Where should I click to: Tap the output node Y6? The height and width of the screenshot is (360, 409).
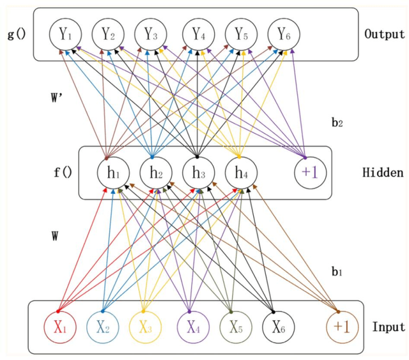coord(282,35)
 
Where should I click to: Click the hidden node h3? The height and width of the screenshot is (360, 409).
coord(197,173)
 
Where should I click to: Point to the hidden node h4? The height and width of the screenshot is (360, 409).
coord(240,173)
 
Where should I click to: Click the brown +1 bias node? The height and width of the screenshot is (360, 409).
coord(339,327)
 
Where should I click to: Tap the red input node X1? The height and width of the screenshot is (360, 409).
coord(60,327)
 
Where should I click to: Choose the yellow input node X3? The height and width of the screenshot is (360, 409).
coord(145,327)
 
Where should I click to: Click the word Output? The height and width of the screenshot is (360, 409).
coord(385,34)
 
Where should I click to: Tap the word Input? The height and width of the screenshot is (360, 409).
coord(388,327)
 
